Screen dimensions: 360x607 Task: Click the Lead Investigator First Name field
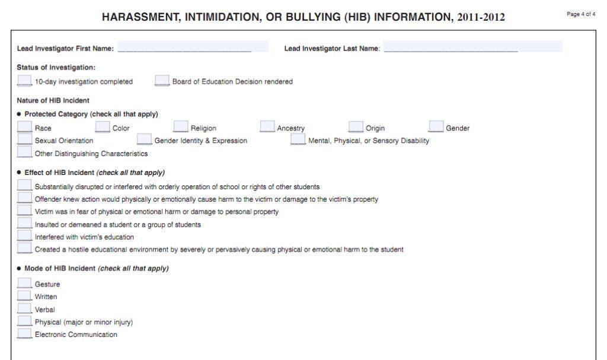pos(192,47)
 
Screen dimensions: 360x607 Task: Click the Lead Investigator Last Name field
pos(472,47)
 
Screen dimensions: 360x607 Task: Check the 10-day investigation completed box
pos(24,81)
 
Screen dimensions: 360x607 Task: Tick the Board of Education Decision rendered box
pos(162,81)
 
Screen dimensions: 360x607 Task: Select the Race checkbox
pos(24,127)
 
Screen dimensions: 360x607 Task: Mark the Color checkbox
pos(103,127)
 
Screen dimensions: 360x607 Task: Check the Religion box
pos(180,127)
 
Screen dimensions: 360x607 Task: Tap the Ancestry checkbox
pos(267,127)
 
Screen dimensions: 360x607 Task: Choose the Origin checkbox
pos(356,127)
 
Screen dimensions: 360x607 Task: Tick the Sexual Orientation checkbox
pos(24,139)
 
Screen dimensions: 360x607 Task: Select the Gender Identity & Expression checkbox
pos(144,139)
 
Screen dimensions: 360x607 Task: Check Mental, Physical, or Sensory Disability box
pos(298,139)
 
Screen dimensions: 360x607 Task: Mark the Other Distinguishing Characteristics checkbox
pos(24,152)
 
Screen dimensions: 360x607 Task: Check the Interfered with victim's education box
pos(24,236)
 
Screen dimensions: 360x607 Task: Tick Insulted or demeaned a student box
pos(24,224)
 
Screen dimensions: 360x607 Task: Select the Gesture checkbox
pos(24,283)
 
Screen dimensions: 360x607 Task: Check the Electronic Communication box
pos(24,333)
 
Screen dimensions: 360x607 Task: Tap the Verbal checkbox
pos(24,308)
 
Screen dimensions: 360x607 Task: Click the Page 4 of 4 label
pos(581,14)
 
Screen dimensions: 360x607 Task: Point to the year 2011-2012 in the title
pos(481,17)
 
